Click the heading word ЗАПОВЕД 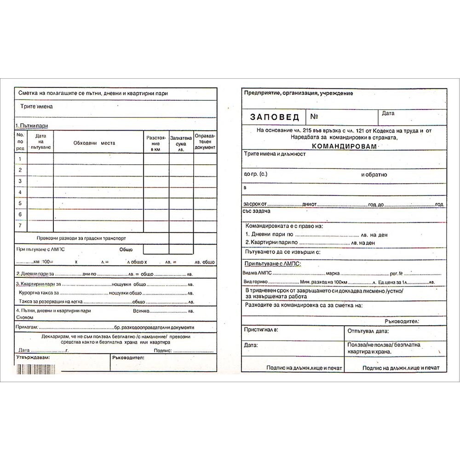point(275,117)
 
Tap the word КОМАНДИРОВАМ point(344,146)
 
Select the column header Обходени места point(94,143)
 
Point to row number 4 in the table point(20,192)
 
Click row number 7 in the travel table point(20,226)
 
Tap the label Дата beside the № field point(388,113)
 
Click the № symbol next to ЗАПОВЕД point(314,117)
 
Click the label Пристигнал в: point(261,330)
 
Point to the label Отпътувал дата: point(368,331)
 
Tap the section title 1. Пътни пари point(32,126)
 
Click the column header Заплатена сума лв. point(181,143)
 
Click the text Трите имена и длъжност point(275,154)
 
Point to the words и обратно point(374,175)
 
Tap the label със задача point(256,211)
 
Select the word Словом point(24,317)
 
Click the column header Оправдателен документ point(205,142)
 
